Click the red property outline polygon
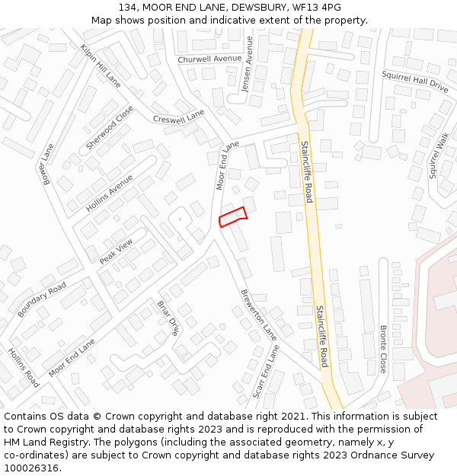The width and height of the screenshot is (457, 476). click(232, 217)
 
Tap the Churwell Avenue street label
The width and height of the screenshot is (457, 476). click(209, 59)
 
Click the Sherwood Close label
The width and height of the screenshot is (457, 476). click(110, 127)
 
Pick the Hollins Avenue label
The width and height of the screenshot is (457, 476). click(109, 193)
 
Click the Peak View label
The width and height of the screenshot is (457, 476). click(116, 251)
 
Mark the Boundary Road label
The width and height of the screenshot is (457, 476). click(42, 299)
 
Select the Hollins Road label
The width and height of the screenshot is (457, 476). click(24, 368)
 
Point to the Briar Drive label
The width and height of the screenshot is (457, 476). click(168, 318)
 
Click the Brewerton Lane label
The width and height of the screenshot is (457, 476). click(258, 314)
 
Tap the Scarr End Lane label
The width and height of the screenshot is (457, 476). click(266, 372)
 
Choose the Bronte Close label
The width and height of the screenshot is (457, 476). click(384, 349)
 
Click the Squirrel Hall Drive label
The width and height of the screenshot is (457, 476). click(415, 82)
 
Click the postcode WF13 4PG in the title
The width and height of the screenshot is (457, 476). click(319, 8)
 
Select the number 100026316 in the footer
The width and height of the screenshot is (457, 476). click(31, 468)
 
